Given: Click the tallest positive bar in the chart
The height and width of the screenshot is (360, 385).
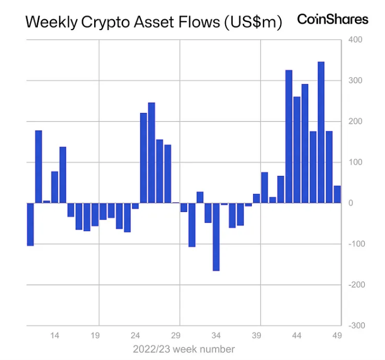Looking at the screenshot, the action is (321, 132).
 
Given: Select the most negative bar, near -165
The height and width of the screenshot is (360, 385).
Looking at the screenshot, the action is (216, 237).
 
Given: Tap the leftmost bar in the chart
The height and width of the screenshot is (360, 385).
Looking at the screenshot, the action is (31, 224).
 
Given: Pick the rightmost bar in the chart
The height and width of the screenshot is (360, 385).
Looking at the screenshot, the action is (337, 195).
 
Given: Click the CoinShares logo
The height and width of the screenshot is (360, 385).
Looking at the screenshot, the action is (332, 19).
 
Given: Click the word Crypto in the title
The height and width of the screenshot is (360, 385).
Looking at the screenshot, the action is (105, 22).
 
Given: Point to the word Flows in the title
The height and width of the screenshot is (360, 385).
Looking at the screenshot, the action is (199, 22).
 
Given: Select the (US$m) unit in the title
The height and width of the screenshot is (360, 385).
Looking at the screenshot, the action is (253, 22).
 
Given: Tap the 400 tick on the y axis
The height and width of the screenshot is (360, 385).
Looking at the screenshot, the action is (355, 40).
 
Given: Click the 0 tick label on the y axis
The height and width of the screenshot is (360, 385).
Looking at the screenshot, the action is (350, 203).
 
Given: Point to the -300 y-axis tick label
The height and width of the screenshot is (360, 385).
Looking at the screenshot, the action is (357, 325).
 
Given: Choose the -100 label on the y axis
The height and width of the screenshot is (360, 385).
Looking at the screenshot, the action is (357, 244).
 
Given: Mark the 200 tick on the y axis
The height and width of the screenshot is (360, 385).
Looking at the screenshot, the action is (355, 122).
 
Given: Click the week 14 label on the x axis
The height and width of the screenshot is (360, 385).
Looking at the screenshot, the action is (55, 335).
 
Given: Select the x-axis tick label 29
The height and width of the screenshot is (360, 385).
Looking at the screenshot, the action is (176, 335).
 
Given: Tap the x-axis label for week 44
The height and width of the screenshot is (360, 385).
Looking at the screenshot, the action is (297, 335).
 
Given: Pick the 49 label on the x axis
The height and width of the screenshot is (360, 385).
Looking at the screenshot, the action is (337, 335).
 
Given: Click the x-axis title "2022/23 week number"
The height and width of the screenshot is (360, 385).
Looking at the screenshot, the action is (184, 349).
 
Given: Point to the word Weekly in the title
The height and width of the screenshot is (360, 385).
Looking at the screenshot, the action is (51, 22).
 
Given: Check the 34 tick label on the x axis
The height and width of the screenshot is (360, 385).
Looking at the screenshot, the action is (216, 335).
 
